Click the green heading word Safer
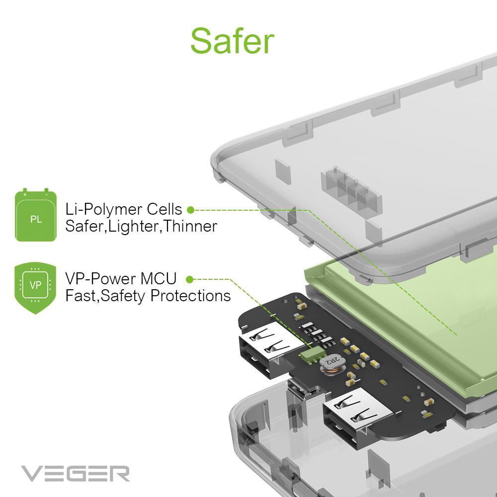[232, 41]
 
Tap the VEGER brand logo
[75, 473]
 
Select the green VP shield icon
[35, 286]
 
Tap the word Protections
[190, 296]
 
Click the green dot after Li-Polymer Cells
[190, 210]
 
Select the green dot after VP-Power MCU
[189, 279]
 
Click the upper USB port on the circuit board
[261, 347]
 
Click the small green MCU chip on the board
[310, 355]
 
